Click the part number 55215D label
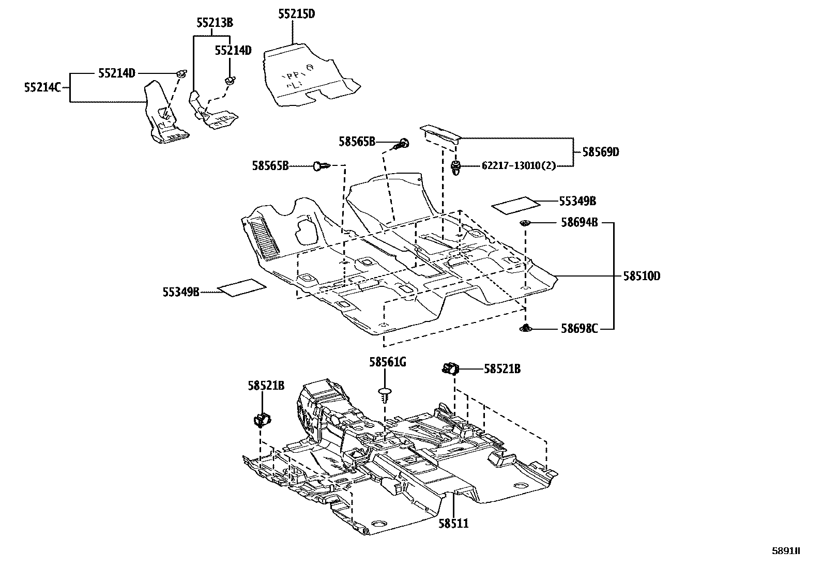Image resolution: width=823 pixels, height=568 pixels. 296,14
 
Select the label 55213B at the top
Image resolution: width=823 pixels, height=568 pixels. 215,23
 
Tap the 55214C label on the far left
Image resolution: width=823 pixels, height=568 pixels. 43,87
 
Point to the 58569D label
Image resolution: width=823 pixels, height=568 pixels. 600,152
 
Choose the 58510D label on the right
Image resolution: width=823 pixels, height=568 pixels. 641,277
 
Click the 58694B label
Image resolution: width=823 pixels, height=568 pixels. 579,223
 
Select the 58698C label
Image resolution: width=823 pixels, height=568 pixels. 579,329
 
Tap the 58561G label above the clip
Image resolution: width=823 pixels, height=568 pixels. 387,362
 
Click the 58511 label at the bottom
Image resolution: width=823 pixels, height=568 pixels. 453,524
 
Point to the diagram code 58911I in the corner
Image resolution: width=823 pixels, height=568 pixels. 786,551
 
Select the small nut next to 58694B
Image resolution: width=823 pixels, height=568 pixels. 525,223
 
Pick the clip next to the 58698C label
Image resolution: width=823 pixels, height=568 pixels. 525,328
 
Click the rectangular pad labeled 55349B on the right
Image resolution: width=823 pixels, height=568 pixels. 515,204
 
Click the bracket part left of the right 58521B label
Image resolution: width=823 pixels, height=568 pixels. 450,369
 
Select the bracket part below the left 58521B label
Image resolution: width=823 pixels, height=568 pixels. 263,420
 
